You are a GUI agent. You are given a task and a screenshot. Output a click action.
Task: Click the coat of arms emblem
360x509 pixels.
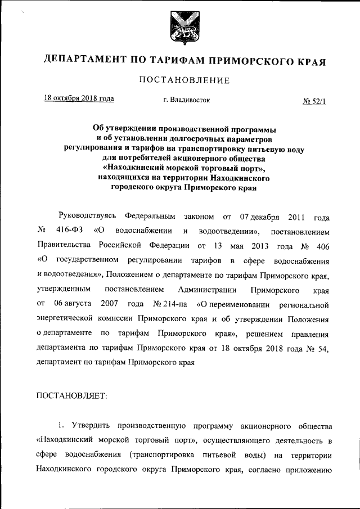point(179,28)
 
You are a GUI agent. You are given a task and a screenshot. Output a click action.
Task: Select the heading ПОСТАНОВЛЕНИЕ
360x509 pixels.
point(180,80)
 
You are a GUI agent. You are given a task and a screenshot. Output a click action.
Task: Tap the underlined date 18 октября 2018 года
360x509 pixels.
point(79,99)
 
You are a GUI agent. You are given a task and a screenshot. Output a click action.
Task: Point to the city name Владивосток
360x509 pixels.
point(186,100)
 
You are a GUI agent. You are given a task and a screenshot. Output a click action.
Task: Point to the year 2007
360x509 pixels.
point(108,304)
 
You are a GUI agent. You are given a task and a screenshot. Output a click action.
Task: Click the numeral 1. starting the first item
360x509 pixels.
point(60,423)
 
